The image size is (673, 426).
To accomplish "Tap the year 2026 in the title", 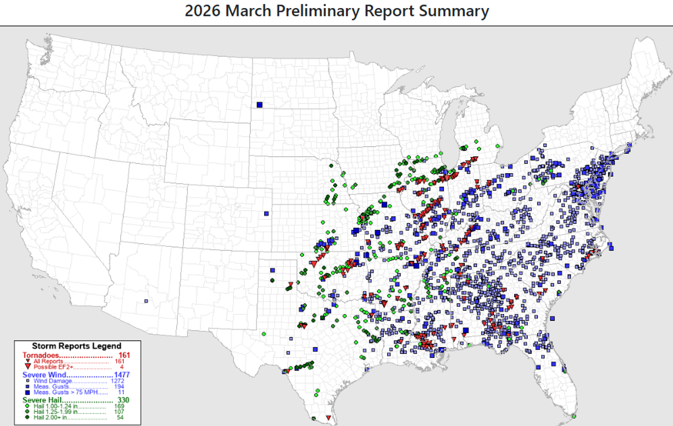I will [x=202, y=11].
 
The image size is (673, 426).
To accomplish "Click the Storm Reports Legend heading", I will [x=77, y=346].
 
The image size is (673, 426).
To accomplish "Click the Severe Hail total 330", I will [x=123, y=400].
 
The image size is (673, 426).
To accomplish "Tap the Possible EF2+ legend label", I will [x=55, y=367].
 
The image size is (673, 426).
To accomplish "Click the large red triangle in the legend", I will [x=28, y=367].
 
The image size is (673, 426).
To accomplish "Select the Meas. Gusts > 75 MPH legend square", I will [x=28, y=392].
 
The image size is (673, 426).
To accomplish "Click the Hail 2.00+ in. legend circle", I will [x=28, y=417].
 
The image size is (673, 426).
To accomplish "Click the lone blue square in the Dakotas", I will [x=260, y=105].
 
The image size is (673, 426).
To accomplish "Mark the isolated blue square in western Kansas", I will [x=266, y=214].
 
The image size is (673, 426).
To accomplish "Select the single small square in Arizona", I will [x=146, y=301].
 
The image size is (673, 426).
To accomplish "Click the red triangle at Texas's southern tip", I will [x=328, y=417].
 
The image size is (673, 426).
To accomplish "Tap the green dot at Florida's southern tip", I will [x=573, y=416].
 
